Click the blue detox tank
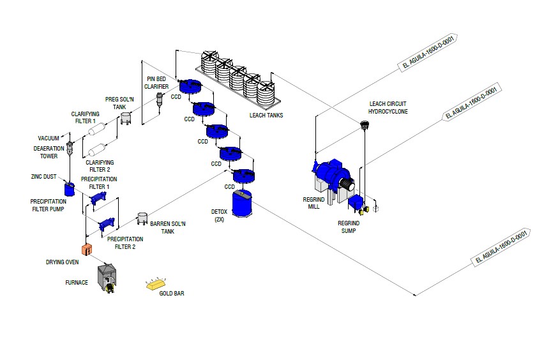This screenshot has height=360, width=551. pos(243,203)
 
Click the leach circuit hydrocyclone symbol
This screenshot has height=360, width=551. pos(365,128)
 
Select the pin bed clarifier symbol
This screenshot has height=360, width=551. pos(160,100)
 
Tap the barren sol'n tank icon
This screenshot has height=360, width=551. pos(143,218)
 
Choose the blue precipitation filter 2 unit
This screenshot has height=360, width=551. pos(106,224)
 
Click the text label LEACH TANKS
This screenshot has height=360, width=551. pos(266,116)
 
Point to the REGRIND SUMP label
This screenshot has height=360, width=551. pos(349,227)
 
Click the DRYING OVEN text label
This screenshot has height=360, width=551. pos(62,262)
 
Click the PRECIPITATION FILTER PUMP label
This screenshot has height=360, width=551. pos(48,205)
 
